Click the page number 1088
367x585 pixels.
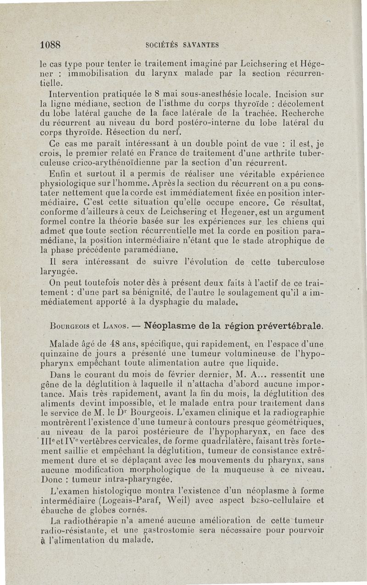click(x=50, y=45)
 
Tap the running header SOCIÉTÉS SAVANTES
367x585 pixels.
click(x=182, y=45)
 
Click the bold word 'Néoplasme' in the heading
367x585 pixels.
click(x=170, y=326)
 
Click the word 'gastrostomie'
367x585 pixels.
click(x=169, y=530)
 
